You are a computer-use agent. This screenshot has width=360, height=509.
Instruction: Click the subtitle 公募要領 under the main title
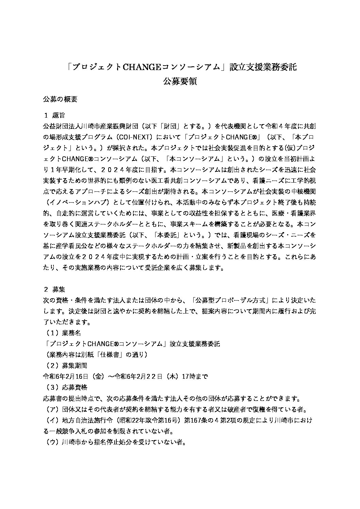(x=180, y=82)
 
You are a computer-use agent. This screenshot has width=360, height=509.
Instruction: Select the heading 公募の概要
(x=60, y=99)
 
